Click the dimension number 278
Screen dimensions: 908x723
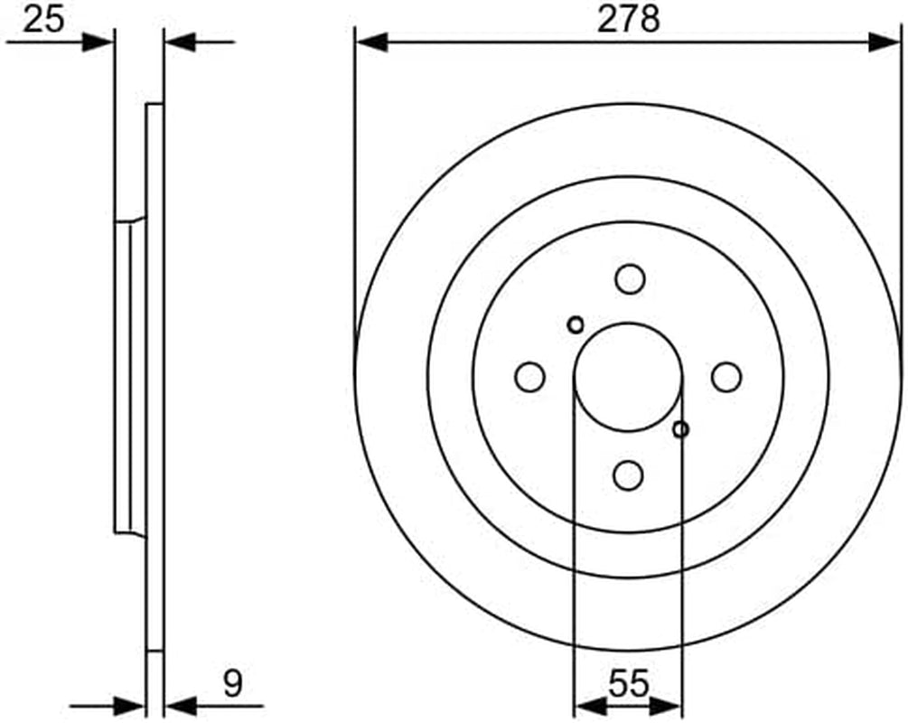pos(628,19)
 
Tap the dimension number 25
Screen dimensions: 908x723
pos(43,19)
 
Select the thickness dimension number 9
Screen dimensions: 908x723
pos(232,683)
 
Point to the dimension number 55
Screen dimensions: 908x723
pos(629,683)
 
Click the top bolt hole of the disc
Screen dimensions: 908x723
pos(630,279)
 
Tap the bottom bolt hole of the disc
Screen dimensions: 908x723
pos(628,475)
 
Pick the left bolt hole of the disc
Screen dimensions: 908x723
pos(529,377)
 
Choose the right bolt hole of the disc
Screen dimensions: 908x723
pos(726,377)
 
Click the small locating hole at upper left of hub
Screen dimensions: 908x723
pos(576,325)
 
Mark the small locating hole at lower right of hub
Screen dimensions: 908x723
pos(681,430)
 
